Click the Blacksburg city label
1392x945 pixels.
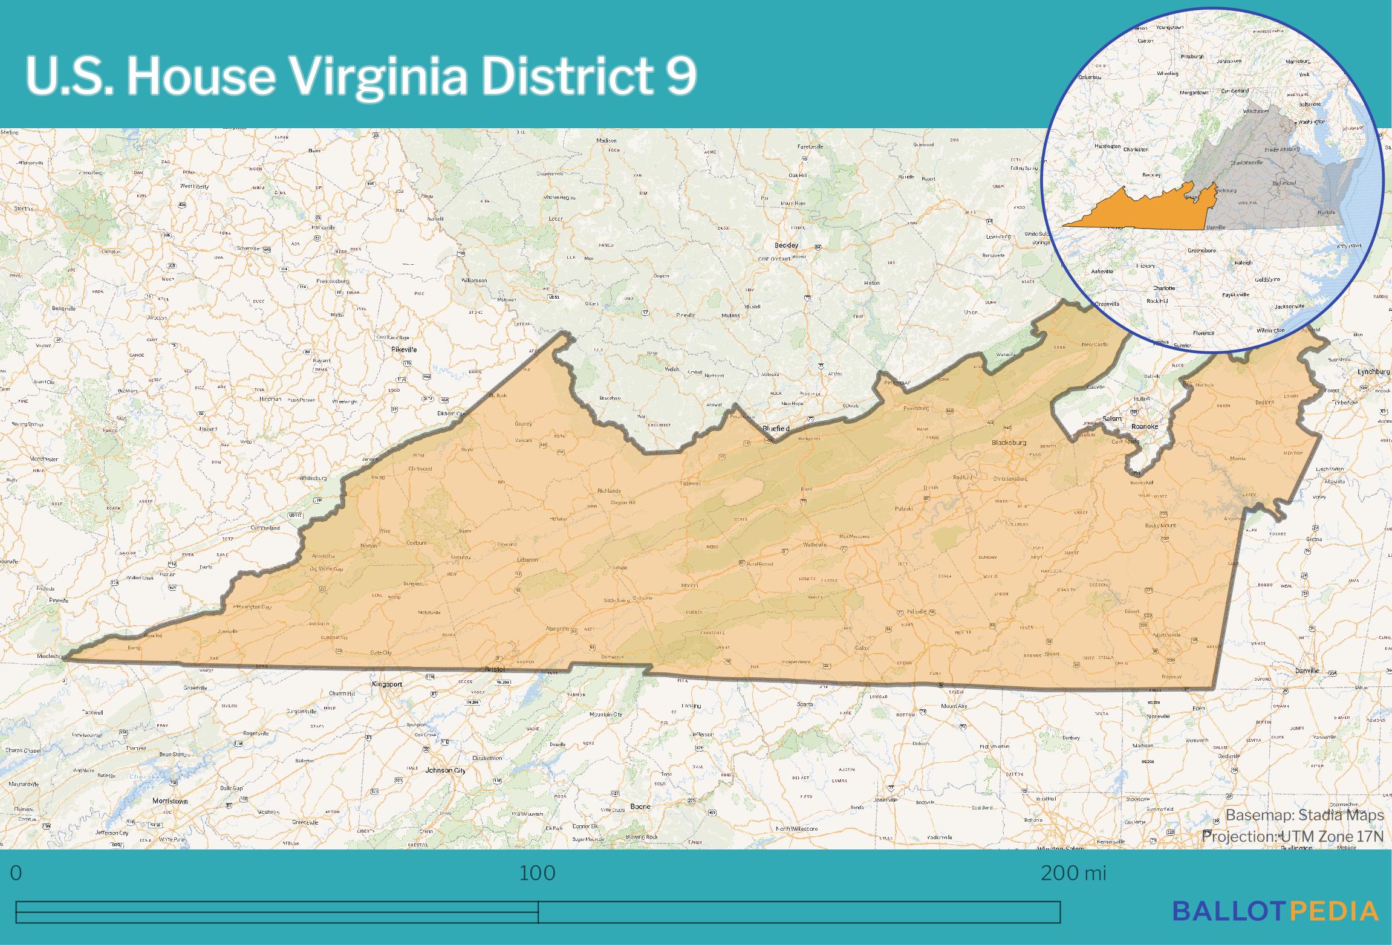1009,443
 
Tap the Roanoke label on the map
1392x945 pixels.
1144,426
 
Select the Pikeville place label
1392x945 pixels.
404,349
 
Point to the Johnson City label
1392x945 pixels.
446,770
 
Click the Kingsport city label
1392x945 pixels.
387,684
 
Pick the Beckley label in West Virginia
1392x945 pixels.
786,245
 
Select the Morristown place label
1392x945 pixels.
170,800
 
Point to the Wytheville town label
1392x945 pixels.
814,545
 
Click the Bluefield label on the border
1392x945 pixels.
776,428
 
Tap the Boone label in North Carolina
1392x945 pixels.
640,806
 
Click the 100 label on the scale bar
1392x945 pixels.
537,873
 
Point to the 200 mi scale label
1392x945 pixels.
1073,873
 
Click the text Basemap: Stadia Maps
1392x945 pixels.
1304,815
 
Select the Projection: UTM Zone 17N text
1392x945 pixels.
1292,836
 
